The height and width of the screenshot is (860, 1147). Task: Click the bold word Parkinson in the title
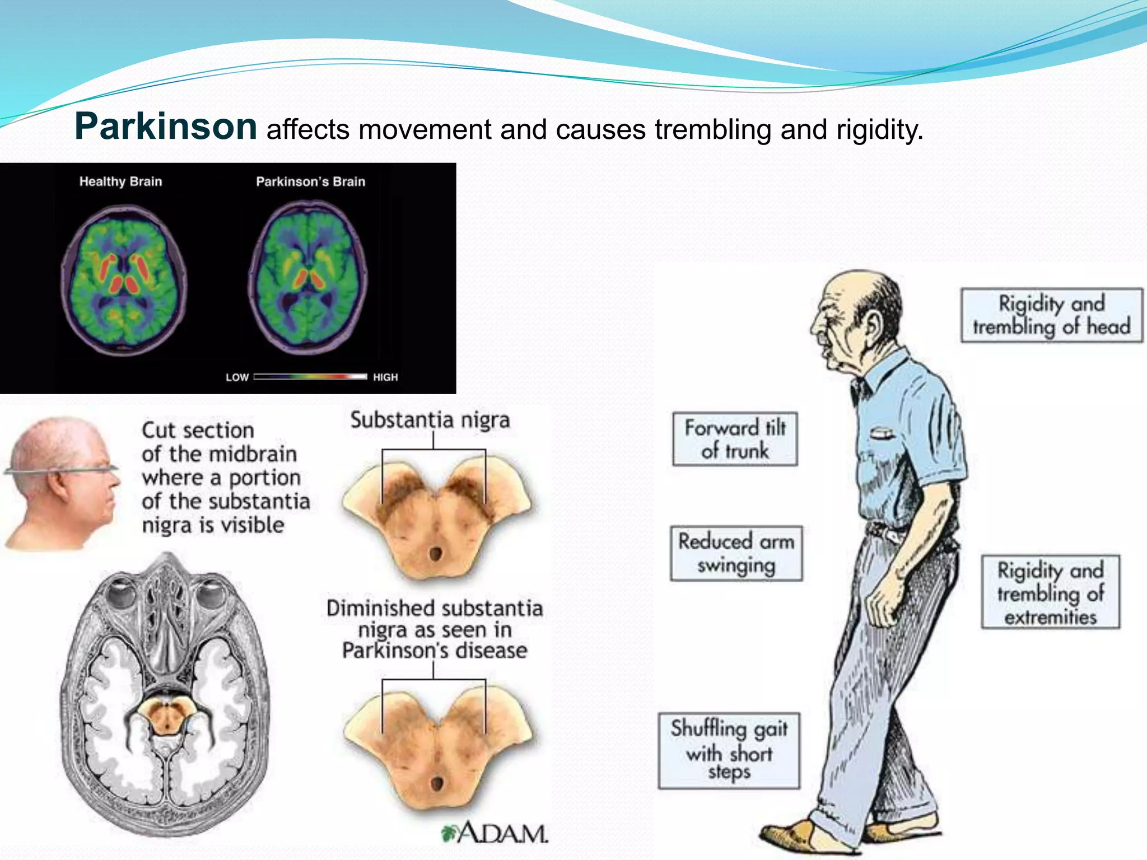(166, 126)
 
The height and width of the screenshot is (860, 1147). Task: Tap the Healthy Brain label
(120, 181)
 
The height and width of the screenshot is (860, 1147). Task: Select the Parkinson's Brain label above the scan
(310, 181)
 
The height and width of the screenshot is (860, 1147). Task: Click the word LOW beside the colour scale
(237, 377)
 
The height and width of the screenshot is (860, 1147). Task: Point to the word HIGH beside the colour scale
(385, 377)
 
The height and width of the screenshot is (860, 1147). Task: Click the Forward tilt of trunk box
(735, 440)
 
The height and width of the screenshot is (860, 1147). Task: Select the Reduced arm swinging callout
(736, 553)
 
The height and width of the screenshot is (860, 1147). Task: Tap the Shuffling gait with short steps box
(729, 750)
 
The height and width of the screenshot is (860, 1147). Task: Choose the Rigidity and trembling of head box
(1052, 315)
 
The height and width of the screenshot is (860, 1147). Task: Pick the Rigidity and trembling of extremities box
(1050, 592)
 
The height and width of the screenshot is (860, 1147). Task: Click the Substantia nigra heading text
(430, 420)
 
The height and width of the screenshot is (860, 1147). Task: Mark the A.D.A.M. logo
(495, 833)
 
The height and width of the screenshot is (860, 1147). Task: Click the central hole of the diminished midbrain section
(436, 783)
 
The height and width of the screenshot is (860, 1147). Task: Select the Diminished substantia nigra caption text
(435, 629)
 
